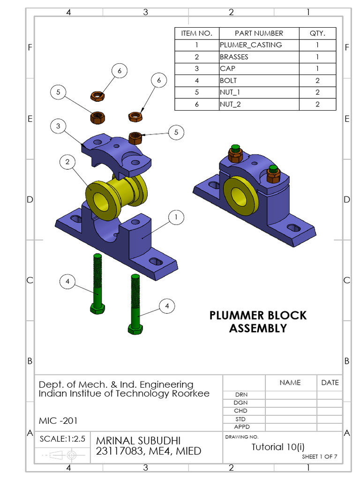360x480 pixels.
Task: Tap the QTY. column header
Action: click(317, 33)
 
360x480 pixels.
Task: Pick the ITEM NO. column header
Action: click(197, 33)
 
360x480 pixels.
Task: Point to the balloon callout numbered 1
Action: click(176, 217)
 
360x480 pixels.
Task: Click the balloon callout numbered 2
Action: click(67, 162)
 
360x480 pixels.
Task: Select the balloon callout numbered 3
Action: click(58, 126)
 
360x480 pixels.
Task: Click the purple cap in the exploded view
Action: click(117, 152)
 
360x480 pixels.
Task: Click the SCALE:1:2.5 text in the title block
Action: click(62, 439)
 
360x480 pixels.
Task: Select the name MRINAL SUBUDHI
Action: click(138, 441)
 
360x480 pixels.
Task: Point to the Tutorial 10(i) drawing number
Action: click(278, 447)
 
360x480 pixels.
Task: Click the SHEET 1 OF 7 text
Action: click(319, 457)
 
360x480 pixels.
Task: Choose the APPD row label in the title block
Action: click(241, 427)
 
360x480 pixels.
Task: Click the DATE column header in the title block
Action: click(330, 382)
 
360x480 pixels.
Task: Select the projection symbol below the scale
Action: click(62, 455)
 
